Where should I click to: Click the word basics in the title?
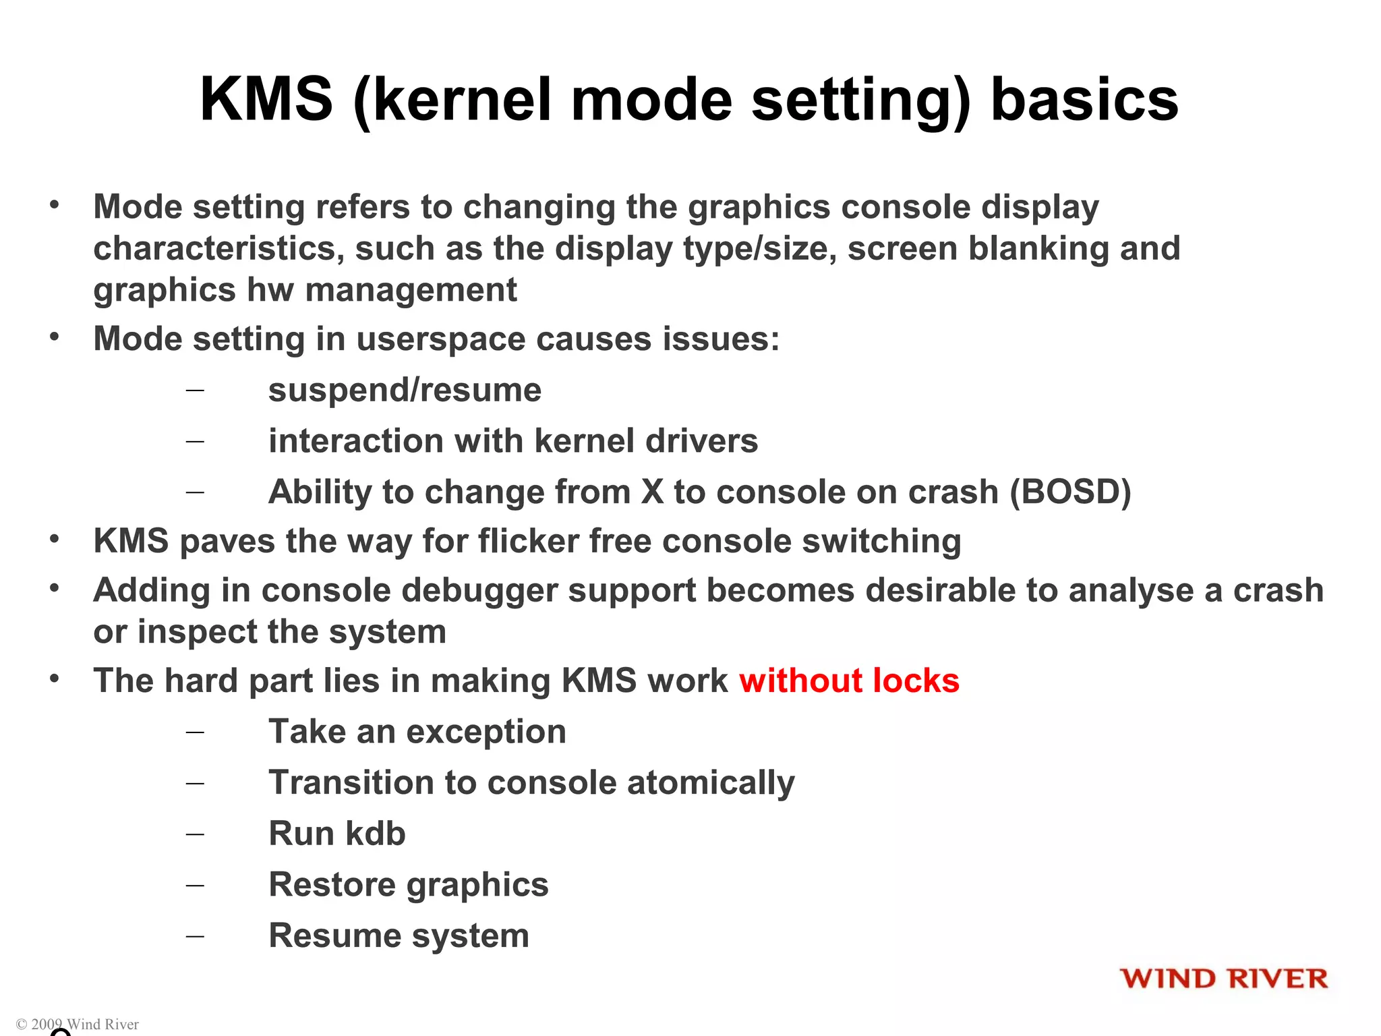coord(1084,100)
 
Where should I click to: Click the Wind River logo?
coord(1224,979)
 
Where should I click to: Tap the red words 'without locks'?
coord(849,681)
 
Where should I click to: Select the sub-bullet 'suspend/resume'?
coord(405,391)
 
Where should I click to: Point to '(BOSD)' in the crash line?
coord(1070,492)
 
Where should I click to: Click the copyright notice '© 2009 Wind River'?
coord(78,1024)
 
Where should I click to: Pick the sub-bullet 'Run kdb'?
coord(337,834)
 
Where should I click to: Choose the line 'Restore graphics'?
coord(409,885)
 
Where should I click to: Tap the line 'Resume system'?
coord(399,936)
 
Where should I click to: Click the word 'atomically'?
coord(711,783)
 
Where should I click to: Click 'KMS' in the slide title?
coord(267,100)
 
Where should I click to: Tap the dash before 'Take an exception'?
coord(195,732)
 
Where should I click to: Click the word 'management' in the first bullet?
coord(411,291)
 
